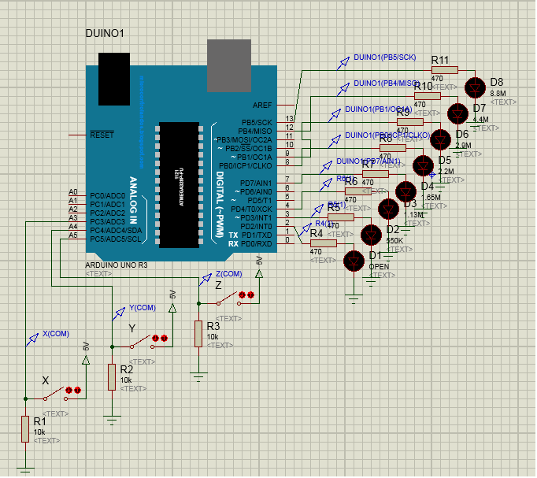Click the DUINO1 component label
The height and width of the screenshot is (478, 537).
104,33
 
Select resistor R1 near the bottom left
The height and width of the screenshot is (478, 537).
25,430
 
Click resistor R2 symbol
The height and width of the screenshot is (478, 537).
112,377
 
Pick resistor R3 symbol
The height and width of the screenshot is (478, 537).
198,333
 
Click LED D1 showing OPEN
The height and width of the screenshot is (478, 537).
354,260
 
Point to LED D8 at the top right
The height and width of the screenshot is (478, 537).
476,87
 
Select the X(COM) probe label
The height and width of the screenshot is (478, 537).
55,333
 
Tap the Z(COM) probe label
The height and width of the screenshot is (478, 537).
229,273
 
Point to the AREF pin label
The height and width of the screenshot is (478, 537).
262,105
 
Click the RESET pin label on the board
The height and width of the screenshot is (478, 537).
102,135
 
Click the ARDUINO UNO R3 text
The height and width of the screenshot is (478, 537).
116,265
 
